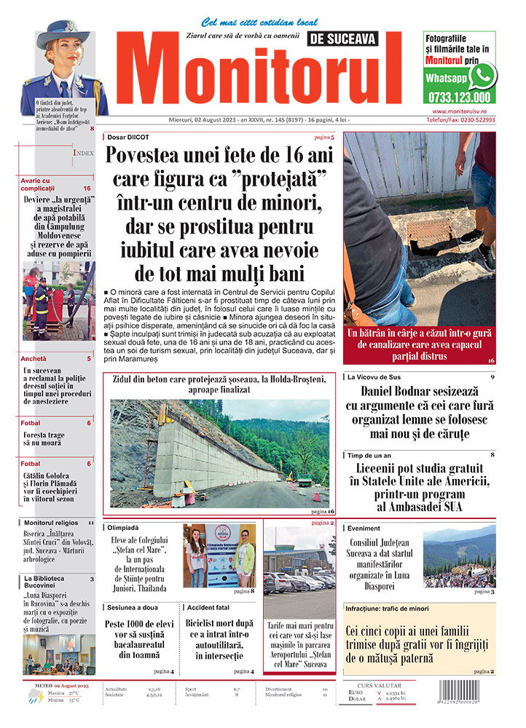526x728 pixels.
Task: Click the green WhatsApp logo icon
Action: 482,75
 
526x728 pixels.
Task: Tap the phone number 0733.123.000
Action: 460,96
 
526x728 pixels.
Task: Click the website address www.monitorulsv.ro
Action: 460,111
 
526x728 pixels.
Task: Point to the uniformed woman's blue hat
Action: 63,33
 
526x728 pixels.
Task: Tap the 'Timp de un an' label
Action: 370,454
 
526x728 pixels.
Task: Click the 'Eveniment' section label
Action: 364,528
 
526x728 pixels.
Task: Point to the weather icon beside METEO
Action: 34,697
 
